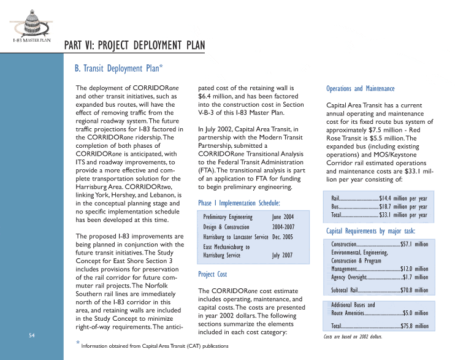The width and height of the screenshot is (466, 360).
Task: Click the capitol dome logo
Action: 31,22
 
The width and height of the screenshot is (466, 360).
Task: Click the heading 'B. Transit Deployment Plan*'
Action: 119,68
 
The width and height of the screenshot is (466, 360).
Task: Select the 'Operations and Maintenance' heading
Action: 361,89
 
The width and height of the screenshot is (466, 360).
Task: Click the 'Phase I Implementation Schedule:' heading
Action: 239,203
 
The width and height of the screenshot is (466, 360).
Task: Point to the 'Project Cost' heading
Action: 213,274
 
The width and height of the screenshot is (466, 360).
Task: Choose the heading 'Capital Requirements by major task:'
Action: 370,231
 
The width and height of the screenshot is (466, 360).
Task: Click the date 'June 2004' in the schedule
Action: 283,218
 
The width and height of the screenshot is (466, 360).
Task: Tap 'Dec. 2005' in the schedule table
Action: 283,237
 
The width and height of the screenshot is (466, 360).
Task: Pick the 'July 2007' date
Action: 283,255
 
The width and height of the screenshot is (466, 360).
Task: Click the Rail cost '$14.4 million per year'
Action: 403,199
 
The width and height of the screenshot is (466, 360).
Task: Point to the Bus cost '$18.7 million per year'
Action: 403,207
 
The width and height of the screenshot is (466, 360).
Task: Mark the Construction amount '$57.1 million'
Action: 414,244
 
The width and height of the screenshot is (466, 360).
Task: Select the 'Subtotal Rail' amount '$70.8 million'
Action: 414,291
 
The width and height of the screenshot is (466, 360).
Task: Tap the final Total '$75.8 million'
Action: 414,326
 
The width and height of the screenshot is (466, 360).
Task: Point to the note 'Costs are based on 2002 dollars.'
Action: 352,337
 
